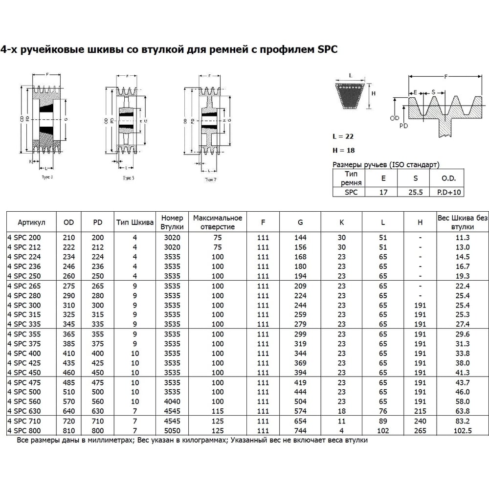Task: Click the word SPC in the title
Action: tap(327, 49)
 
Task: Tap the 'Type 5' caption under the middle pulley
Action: tap(129, 178)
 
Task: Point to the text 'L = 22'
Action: tap(343, 136)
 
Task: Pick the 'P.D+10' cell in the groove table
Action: tap(449, 192)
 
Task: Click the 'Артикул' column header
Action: tap(31, 222)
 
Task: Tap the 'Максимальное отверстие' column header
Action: tap(218, 222)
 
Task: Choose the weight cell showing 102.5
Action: tap(462, 430)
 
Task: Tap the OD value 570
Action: tap(69, 401)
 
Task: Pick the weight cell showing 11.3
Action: tap(462, 237)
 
